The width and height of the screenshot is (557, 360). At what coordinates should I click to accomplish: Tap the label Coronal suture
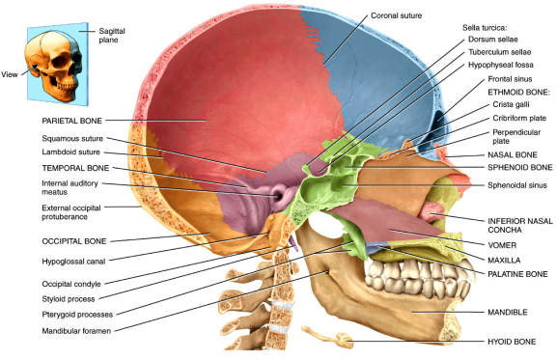pos(396,16)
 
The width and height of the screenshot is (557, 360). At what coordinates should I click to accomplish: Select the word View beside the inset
pos(12,72)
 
